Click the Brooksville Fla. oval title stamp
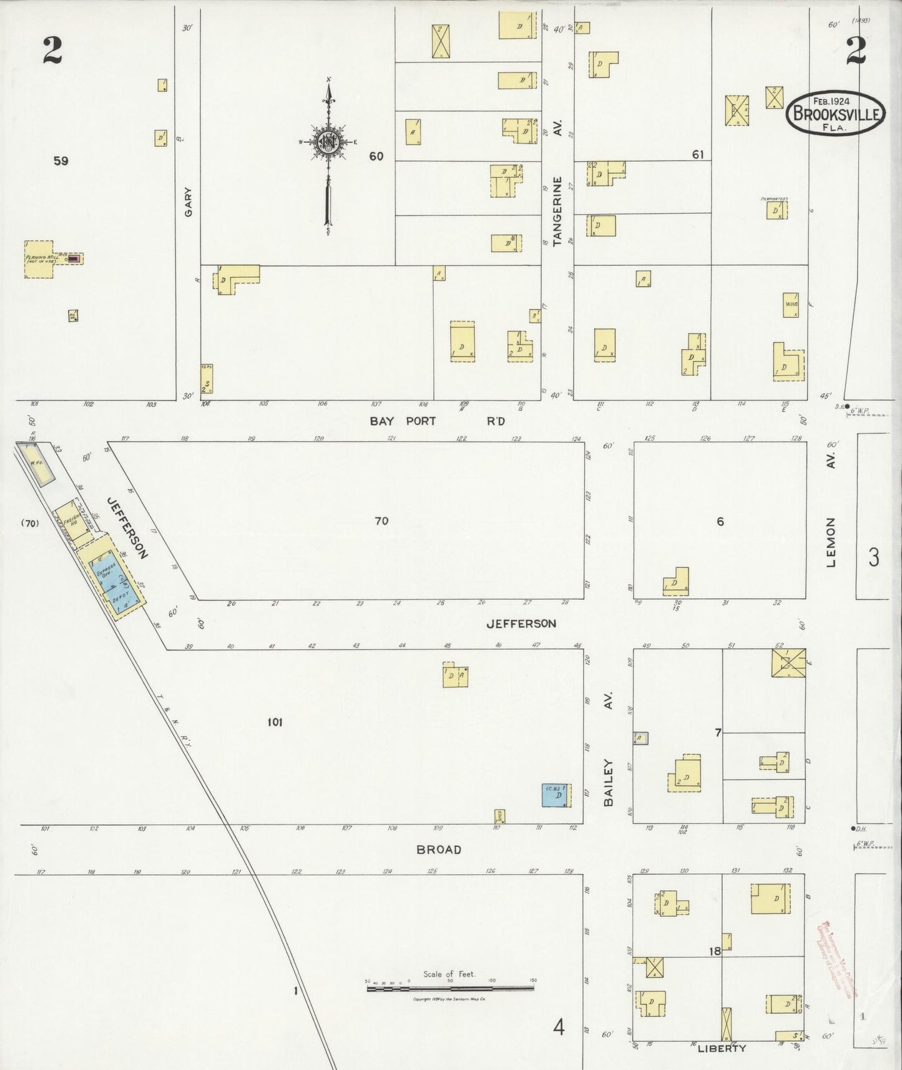835,114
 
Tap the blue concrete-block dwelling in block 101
554,795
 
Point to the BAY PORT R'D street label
437,421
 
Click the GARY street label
188,202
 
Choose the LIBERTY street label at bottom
722,1048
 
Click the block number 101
275,722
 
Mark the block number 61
697,154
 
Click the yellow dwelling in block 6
677,582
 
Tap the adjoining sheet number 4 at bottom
559,1026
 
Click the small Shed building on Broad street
499,816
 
